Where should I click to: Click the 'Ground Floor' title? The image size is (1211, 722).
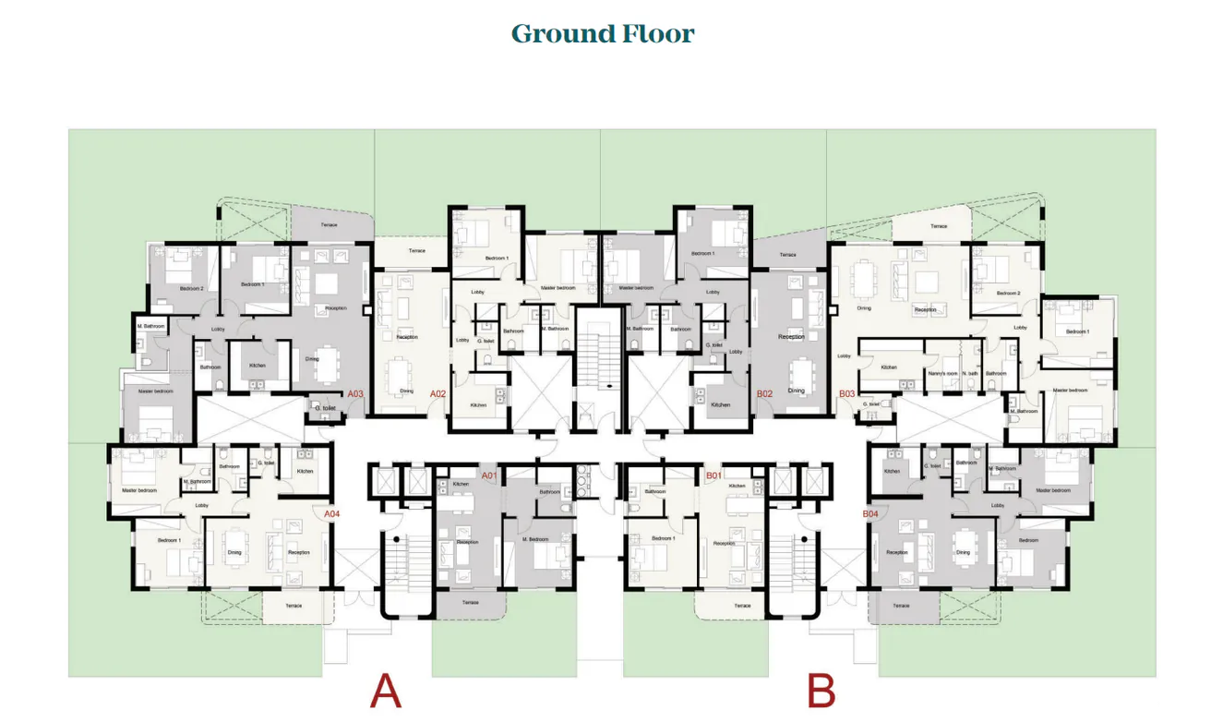click(x=603, y=34)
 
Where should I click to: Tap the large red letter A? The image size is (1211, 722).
click(x=386, y=692)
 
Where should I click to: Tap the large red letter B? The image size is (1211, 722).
click(x=821, y=692)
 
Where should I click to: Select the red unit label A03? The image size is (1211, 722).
click(x=355, y=394)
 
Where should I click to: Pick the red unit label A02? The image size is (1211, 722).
click(x=438, y=394)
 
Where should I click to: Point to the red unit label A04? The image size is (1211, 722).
click(x=331, y=513)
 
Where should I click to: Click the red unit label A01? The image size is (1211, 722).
click(x=489, y=475)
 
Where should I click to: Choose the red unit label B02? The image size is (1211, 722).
click(x=764, y=394)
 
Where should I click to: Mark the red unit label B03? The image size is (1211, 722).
click(x=846, y=394)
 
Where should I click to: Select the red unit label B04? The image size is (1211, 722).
click(x=870, y=513)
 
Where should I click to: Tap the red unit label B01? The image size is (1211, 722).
click(x=713, y=475)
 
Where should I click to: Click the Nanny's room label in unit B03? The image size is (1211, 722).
click(x=943, y=373)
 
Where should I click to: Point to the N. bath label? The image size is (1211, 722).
click(x=970, y=373)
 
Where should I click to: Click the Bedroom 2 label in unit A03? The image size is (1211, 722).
click(x=191, y=289)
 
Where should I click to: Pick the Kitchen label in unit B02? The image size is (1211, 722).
click(x=721, y=404)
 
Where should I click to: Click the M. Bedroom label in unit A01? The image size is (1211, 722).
click(x=535, y=539)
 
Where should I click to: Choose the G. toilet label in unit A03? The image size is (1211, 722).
click(x=324, y=407)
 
